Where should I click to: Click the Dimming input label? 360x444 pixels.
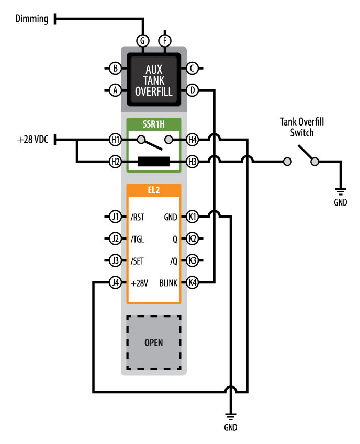32,19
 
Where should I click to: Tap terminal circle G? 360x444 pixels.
142,41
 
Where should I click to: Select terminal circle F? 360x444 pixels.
165,41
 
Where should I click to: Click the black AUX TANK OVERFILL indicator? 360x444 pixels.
153,79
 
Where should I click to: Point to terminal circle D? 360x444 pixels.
193,90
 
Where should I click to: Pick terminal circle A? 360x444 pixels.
115,90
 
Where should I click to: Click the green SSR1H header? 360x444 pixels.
153,124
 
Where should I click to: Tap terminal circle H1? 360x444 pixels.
115,140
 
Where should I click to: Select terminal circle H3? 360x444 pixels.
193,162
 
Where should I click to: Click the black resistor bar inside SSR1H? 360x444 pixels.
153,162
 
